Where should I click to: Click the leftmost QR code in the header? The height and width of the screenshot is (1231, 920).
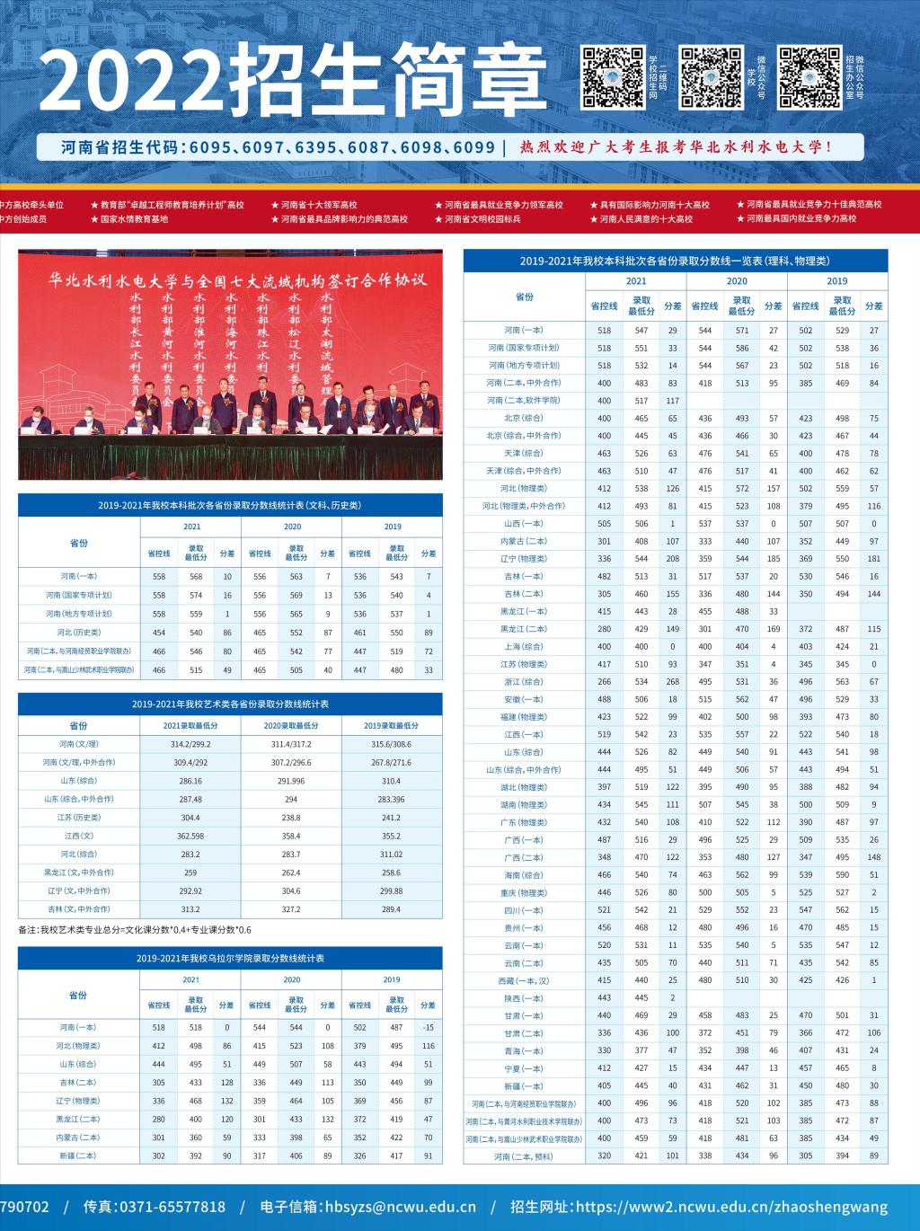[614, 77]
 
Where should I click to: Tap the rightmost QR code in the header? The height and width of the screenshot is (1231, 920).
[809, 77]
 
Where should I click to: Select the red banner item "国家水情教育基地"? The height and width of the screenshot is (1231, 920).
[134, 219]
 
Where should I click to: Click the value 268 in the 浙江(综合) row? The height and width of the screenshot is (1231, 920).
[672, 681]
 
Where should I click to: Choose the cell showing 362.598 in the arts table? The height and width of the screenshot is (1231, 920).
[190, 836]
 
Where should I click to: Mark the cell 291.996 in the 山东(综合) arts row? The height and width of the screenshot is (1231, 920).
[291, 781]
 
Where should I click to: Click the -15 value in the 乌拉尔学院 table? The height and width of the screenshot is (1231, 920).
[428, 1027]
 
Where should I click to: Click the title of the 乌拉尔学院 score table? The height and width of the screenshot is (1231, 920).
[230, 959]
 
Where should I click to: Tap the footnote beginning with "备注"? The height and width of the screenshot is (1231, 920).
[135, 930]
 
